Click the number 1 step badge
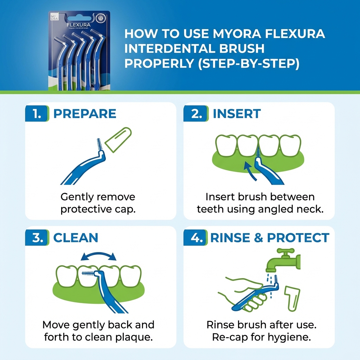pyautogui.click(x=37, y=114)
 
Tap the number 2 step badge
pyautogui.click(x=195, y=114)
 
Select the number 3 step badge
pyautogui.click(x=37, y=238)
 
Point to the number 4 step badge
pyautogui.click(x=195, y=238)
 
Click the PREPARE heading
pyautogui.click(x=84, y=114)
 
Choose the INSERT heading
pyautogui.click(x=237, y=114)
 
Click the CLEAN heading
pyautogui.click(x=75, y=238)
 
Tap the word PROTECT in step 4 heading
pyautogui.click(x=298, y=238)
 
